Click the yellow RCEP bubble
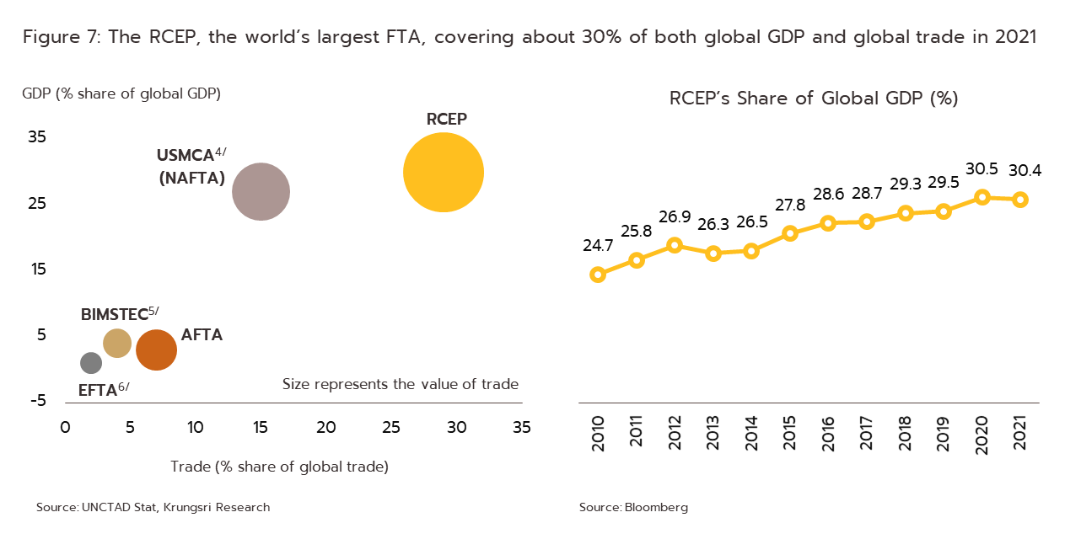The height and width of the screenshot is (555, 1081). pyautogui.click(x=444, y=172)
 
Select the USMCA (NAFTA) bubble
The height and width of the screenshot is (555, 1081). pyautogui.click(x=261, y=192)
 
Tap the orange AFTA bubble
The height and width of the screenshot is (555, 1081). pyautogui.click(x=156, y=350)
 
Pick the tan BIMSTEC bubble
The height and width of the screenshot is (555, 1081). pyautogui.click(x=117, y=343)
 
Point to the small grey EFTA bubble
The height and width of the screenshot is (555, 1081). pyautogui.click(x=91, y=363)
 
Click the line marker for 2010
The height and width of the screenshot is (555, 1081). pyautogui.click(x=599, y=274)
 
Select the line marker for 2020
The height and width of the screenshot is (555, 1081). pyautogui.click(x=982, y=197)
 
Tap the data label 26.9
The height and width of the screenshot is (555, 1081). pyautogui.click(x=675, y=217)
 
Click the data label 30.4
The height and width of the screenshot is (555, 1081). pyautogui.click(x=1025, y=171)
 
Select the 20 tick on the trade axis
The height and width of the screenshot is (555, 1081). pyautogui.click(x=326, y=428)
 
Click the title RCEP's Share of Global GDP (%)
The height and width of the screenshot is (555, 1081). pyautogui.click(x=813, y=99)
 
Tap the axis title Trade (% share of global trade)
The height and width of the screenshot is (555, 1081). pyautogui.click(x=279, y=467)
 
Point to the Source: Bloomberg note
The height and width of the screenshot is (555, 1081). pyautogui.click(x=633, y=508)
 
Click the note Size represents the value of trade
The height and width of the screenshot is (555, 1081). pyautogui.click(x=400, y=385)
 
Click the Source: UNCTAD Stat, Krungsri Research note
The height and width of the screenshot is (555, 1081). pyautogui.click(x=153, y=508)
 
